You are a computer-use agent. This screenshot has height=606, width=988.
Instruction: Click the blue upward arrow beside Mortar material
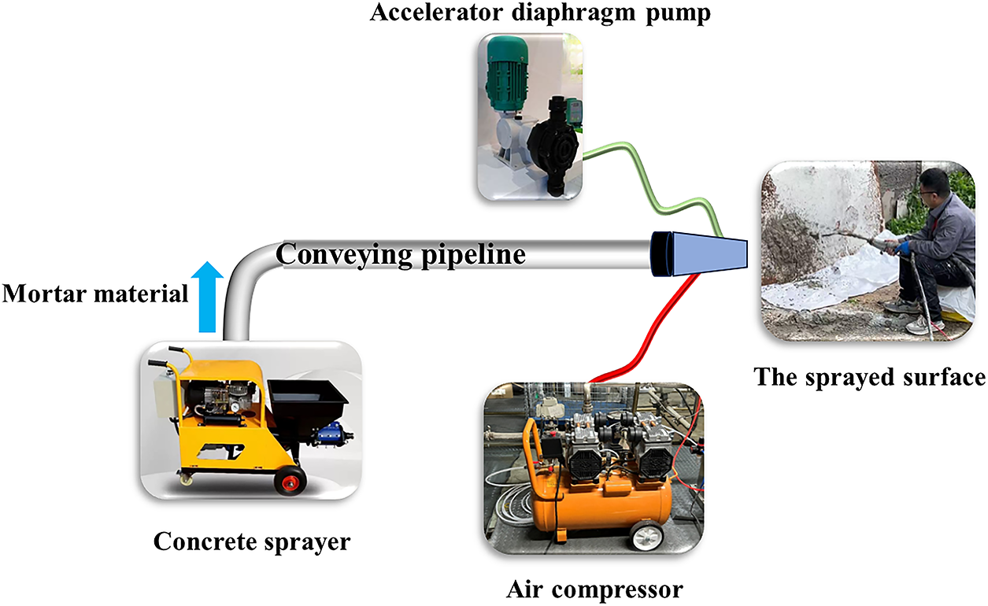tap(209, 298)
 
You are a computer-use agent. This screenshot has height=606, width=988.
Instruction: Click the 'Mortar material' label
tap(95, 294)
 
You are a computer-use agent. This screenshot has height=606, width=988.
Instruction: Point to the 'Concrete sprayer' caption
tap(251, 542)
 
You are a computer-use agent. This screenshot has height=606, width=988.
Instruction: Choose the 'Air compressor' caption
tap(594, 589)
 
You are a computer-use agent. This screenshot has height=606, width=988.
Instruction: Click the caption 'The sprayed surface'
tap(869, 377)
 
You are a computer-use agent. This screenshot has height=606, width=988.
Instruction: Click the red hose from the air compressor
tap(657, 331)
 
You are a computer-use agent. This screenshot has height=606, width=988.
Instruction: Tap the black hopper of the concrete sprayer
tap(310, 405)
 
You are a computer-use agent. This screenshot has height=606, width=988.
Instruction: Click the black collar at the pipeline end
tap(659, 254)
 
